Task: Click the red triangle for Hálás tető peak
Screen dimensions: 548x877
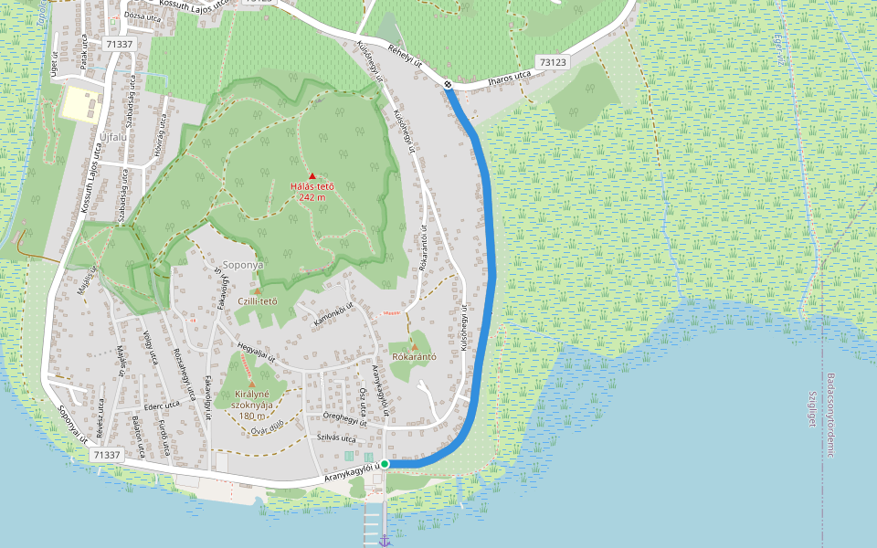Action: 312,175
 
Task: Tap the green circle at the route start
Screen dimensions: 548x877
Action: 385,465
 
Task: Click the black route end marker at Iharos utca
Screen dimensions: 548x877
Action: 449,85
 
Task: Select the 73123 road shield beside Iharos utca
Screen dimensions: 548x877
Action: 553,63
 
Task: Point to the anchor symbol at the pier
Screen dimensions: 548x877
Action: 385,541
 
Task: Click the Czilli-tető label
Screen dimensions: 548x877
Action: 257,301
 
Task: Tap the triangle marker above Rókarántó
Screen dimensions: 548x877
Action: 414,347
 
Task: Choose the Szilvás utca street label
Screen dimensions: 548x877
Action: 334,437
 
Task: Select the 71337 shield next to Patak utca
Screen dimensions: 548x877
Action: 119,45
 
